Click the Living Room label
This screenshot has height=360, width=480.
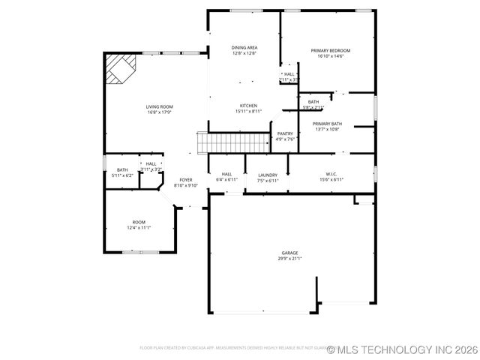click(159, 106)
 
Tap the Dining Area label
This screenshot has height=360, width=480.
click(244, 47)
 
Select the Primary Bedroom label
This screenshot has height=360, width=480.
click(331, 50)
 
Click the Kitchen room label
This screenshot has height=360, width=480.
click(248, 106)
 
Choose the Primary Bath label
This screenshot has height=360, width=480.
click(327, 124)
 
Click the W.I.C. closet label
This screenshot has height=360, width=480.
click(331, 174)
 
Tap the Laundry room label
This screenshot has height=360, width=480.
click(268, 175)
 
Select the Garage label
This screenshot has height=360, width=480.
click(290, 253)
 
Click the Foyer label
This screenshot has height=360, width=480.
click(186, 180)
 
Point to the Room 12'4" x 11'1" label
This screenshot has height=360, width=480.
click(139, 222)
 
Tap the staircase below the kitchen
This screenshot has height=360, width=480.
click(233, 142)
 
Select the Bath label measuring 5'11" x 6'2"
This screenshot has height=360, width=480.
click(121, 170)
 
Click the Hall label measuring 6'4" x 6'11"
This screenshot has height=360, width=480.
click(226, 175)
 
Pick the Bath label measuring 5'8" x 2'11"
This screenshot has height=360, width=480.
click(313, 102)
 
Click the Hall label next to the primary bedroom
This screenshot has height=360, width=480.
click(289, 74)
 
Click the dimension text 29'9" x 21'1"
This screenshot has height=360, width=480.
click(290, 259)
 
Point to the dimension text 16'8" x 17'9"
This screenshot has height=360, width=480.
click(159, 112)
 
